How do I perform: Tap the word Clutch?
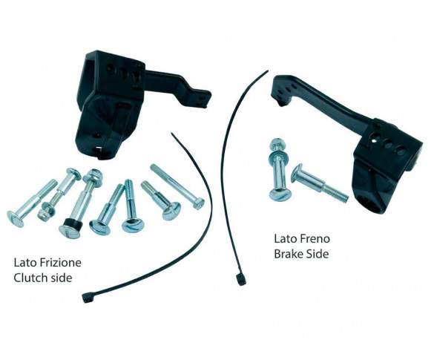[x=27, y=278]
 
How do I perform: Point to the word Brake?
[x=287, y=254]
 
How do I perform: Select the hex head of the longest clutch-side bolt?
[x=199, y=204]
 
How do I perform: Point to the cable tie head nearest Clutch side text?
[x=87, y=298]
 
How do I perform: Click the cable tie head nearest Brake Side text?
[x=240, y=280]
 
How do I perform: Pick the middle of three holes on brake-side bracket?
[x=387, y=144]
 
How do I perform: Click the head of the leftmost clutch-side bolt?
[x=15, y=219]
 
